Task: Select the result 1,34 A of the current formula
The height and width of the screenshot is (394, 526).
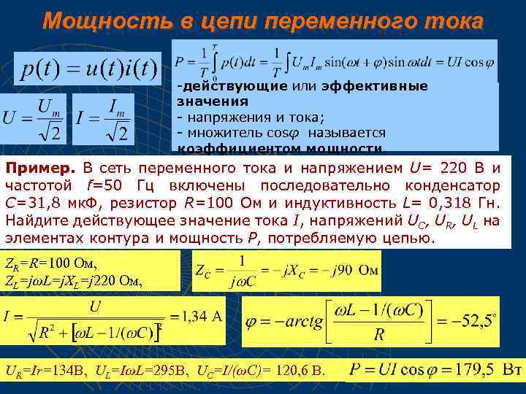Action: click(201, 316)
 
